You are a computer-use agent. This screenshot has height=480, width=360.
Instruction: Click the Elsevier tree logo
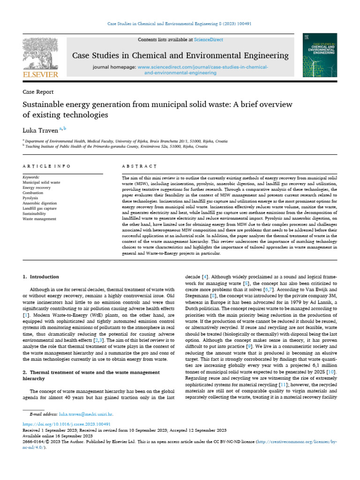41,54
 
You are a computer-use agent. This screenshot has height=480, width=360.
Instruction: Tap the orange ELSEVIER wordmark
41,75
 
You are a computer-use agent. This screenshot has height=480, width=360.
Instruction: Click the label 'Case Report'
38,92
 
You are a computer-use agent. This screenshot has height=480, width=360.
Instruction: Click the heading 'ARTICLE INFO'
46,166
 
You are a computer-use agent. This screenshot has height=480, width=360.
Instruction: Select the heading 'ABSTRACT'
139,166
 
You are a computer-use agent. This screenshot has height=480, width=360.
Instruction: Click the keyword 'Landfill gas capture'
40,209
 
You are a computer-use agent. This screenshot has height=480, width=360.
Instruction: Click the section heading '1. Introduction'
41,277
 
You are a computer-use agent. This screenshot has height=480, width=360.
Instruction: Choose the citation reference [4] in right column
205,277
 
